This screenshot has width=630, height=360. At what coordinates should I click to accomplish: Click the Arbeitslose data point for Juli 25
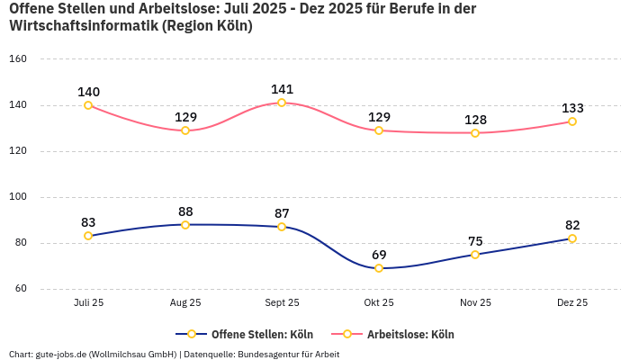click(88, 105)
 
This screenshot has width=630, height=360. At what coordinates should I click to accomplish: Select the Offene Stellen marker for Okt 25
click(379, 268)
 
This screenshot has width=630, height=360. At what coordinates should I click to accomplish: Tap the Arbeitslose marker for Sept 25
click(282, 103)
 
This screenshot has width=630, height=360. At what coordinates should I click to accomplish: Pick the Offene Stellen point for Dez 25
click(572, 238)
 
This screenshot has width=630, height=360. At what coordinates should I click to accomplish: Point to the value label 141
click(283, 89)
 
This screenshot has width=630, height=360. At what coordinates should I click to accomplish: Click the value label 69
click(379, 255)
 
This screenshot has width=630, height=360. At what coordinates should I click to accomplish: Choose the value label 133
click(572, 108)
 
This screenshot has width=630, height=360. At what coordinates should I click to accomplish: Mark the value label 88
click(185, 211)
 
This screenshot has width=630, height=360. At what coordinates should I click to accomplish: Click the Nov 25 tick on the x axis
click(475, 303)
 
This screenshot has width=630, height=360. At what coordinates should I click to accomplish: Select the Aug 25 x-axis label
click(185, 303)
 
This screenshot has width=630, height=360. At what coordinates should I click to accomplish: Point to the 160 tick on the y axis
click(18, 59)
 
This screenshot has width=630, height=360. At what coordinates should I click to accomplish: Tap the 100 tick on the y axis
click(18, 197)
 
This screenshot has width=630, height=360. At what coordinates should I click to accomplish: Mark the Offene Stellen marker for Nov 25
click(475, 255)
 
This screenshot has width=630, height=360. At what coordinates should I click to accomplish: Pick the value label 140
click(88, 92)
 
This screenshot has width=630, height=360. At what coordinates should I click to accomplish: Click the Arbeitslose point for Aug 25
click(185, 130)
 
